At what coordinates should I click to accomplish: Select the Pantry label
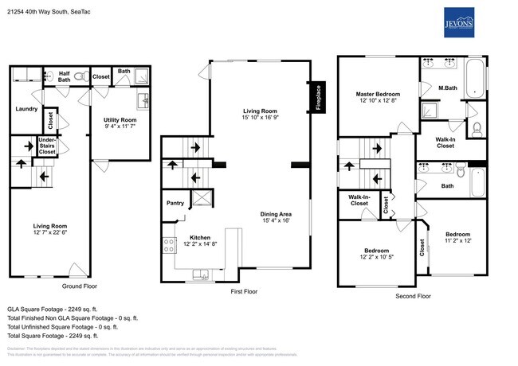175,203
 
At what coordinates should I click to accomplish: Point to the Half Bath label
65,76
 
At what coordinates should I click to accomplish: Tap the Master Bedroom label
378,95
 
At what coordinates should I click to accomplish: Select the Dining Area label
275,214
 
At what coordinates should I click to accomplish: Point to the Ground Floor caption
79,286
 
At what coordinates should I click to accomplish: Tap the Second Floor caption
413,295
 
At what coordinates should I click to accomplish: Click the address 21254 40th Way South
49,12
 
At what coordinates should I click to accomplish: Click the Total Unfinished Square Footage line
62,326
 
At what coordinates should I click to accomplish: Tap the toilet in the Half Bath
49,76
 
